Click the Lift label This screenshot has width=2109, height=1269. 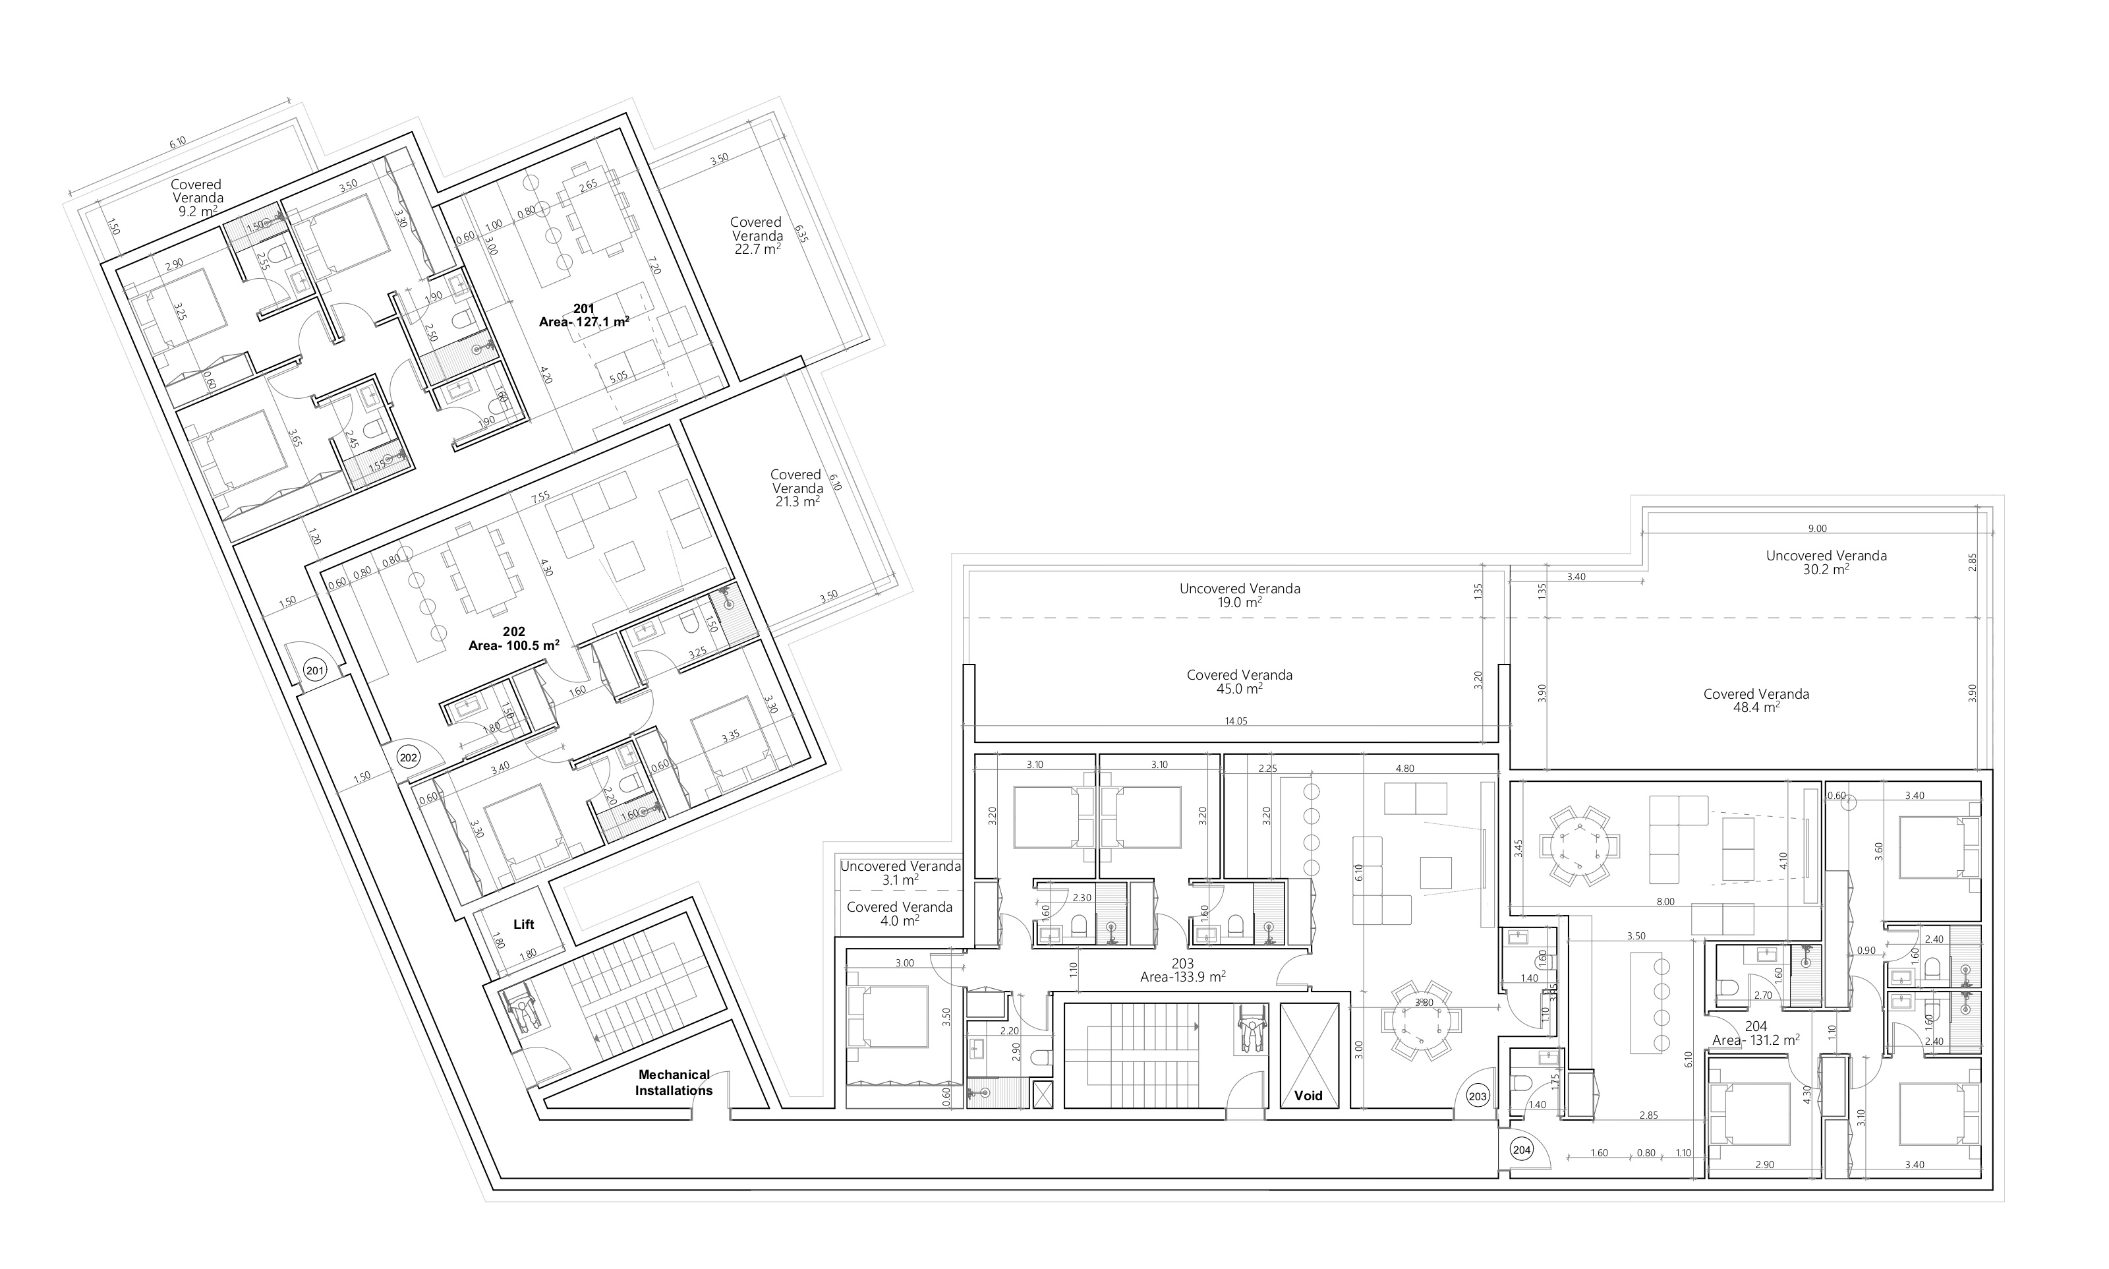523,924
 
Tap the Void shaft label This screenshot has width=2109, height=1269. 1308,1096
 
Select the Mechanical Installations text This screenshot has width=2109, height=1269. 674,1082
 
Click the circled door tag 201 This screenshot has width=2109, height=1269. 314,670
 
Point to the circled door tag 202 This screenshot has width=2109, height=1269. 409,757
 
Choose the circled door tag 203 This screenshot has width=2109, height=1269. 1477,1096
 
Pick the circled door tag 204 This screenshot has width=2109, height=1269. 1522,1150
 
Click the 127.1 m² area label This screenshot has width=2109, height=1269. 584,322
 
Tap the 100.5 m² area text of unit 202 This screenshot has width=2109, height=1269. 514,645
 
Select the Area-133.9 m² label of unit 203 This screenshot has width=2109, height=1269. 1182,976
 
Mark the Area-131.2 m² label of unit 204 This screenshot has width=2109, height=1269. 1756,1040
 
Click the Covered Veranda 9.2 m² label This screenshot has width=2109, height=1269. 196,198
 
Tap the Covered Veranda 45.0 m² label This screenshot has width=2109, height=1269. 1240,682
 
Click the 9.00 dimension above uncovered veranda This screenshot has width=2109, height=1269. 1818,529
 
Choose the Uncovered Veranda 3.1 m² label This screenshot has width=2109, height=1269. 900,872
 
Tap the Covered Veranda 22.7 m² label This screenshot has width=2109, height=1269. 757,235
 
